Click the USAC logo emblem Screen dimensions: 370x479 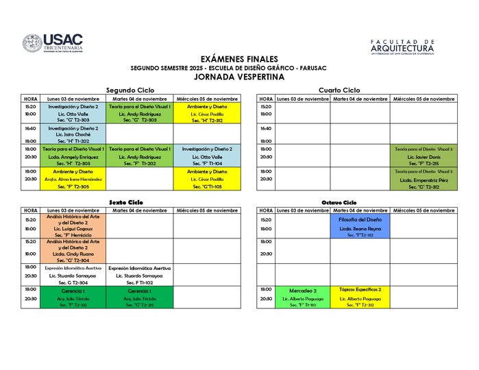pyautogui.click(x=32, y=45)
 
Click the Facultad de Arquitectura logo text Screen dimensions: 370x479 pyautogui.click(x=402, y=47)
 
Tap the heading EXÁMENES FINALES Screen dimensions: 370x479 pyautogui.click(x=240, y=60)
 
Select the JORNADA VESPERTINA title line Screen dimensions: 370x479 pyautogui.click(x=239, y=77)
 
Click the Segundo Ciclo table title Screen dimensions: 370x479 pyautogui.click(x=130, y=90)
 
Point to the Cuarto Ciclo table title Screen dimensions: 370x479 pyautogui.click(x=339, y=90)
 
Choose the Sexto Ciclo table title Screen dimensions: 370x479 pyautogui.click(x=130, y=202)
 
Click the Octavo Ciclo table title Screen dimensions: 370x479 pyautogui.click(x=339, y=202)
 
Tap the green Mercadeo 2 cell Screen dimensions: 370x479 pyautogui.click(x=302, y=295)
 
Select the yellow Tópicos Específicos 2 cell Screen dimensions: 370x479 pyautogui.click(x=360, y=295)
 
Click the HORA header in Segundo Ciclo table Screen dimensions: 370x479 pyautogui.click(x=31, y=99)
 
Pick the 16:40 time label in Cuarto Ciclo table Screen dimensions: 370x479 pyautogui.click(x=266, y=128)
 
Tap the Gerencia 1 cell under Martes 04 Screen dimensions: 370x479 pyautogui.click(x=140, y=291)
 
